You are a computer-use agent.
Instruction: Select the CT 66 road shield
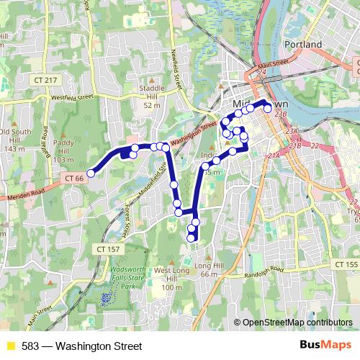click(x=74, y=177)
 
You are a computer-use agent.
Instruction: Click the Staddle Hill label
click(x=151, y=95)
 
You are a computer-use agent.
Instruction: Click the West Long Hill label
click(x=171, y=276)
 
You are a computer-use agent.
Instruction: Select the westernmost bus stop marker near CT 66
click(x=91, y=171)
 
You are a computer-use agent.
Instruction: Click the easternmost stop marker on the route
click(x=268, y=109)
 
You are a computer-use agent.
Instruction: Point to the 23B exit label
click(x=282, y=114)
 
